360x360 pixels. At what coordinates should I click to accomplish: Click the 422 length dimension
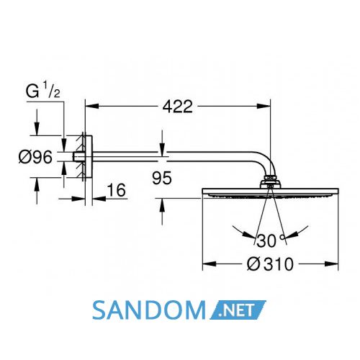click(178, 107)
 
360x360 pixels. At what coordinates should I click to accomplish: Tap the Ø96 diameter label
click(35, 157)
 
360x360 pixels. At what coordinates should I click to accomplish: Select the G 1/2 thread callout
click(43, 91)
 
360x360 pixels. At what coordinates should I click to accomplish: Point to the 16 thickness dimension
click(117, 190)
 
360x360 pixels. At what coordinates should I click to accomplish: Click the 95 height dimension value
click(162, 178)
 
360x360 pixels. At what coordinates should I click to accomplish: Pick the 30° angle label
click(271, 240)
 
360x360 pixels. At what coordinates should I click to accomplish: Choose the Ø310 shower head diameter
click(270, 264)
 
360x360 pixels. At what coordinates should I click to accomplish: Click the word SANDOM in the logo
click(149, 310)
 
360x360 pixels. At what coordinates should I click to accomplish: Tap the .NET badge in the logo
click(238, 310)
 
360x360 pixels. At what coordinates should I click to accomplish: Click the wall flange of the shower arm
click(88, 157)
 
